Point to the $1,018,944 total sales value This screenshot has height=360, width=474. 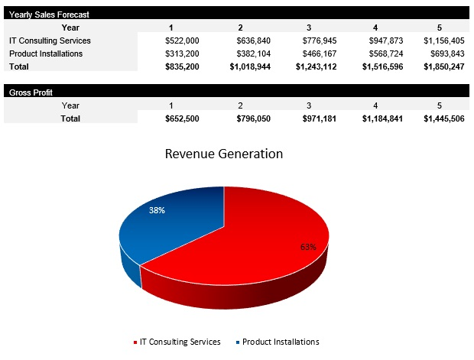(x=251, y=66)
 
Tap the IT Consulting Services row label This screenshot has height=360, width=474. (x=50, y=41)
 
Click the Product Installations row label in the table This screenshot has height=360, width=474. (x=46, y=54)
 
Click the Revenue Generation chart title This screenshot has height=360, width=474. (x=224, y=154)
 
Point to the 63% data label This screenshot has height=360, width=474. (x=308, y=247)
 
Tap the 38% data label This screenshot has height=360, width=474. (x=157, y=209)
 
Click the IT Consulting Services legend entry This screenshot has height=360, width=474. (x=177, y=342)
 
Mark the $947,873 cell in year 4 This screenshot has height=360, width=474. (x=381, y=41)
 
